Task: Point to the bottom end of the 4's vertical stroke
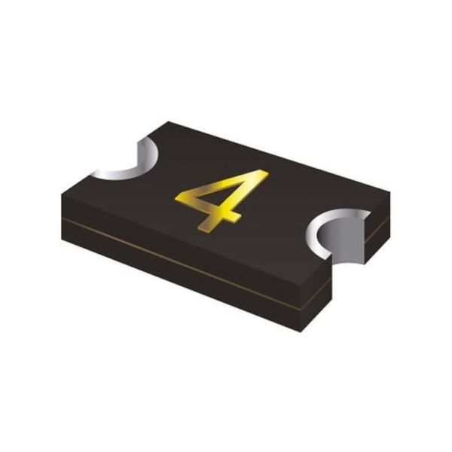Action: [203, 229]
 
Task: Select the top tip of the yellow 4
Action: [264, 171]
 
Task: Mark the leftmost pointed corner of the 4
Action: [175, 198]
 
